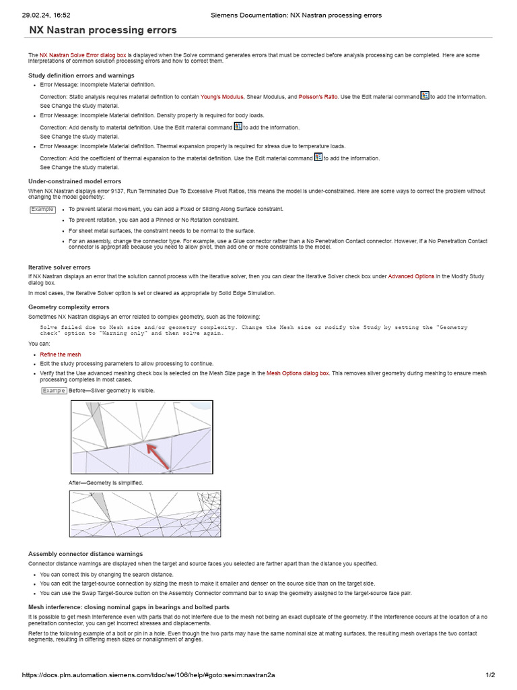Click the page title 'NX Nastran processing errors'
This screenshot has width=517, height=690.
pyautogui.click(x=103, y=30)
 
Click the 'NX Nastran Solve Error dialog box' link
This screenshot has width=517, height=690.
pyautogui.click(x=83, y=55)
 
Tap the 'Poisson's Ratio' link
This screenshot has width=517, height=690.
pyautogui.click(x=318, y=97)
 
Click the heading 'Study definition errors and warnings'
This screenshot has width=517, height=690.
pyautogui.click(x=81, y=75)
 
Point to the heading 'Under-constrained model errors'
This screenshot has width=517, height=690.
pyautogui.click(x=75, y=181)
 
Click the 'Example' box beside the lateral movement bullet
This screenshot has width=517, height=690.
pyautogui.click(x=42, y=210)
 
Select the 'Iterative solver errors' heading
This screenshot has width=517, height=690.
pyautogui.click(x=59, y=268)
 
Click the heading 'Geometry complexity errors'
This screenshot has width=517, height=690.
pyautogui.click(x=69, y=307)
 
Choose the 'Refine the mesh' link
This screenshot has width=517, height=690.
pyautogui.click(x=61, y=354)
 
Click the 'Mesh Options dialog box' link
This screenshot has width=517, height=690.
pyautogui.click(x=298, y=373)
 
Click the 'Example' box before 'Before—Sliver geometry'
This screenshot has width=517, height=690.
pyautogui.click(x=54, y=391)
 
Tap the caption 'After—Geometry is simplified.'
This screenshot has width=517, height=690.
pyautogui.click(x=106, y=483)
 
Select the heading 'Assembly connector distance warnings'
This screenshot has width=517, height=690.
pyautogui.click(x=85, y=554)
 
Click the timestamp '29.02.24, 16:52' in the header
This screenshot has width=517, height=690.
pyautogui.click(x=46, y=15)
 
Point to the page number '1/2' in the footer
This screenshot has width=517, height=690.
pyautogui.click(x=490, y=675)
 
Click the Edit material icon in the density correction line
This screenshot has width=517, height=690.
pyautogui.click(x=238, y=126)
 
